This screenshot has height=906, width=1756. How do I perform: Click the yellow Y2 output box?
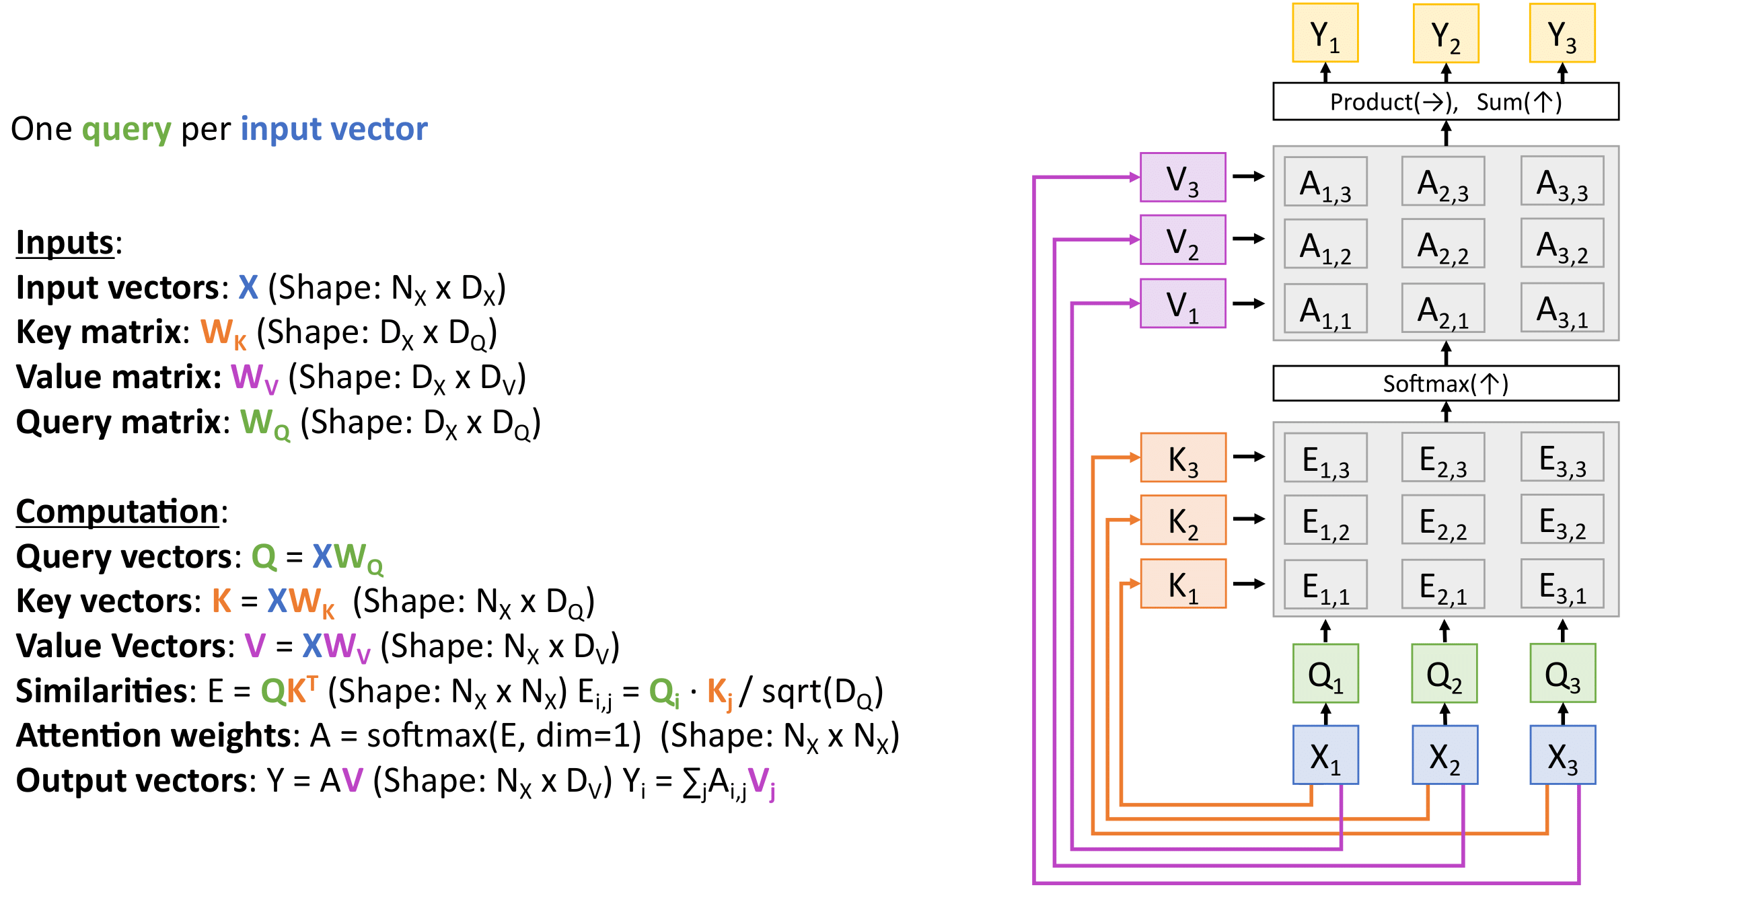pos(1445,34)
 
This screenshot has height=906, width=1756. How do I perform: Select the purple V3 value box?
pos(1183,178)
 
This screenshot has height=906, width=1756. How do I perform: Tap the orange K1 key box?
pos(1183,584)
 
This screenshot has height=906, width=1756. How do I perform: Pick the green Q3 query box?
pos(1562,673)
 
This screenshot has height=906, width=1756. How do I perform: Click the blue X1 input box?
pos(1325,755)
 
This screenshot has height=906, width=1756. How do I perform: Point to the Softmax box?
pos(1445,383)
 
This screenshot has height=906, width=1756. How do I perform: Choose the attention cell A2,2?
pos(1442,243)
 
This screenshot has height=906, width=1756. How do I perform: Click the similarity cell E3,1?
pos(1562,584)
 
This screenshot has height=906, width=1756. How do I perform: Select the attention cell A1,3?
pos(1325,182)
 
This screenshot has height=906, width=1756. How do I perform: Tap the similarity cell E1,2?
pos(1325,520)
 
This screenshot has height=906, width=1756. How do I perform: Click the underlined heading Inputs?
pos(65,243)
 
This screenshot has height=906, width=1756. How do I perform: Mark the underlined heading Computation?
pos(116,511)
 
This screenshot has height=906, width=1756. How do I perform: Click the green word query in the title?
pos(126,129)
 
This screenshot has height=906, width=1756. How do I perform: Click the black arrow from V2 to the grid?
pos(1249,239)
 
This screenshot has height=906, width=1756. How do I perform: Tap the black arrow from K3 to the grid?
pos(1249,457)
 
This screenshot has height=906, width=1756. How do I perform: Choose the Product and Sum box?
pos(1445,102)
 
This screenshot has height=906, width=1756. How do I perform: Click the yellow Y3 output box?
pos(1562,34)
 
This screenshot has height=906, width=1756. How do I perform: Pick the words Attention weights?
pos(154,736)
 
